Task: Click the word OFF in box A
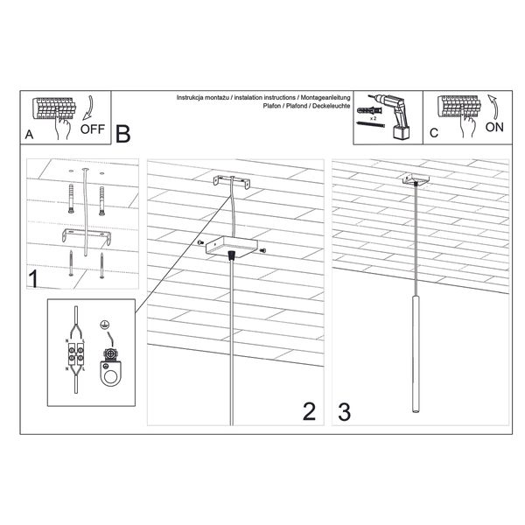coord(92,129)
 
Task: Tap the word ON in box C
coord(494,126)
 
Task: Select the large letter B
coord(122,134)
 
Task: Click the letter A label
coord(29,136)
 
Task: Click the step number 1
coord(32,280)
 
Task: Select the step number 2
coord(308,411)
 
